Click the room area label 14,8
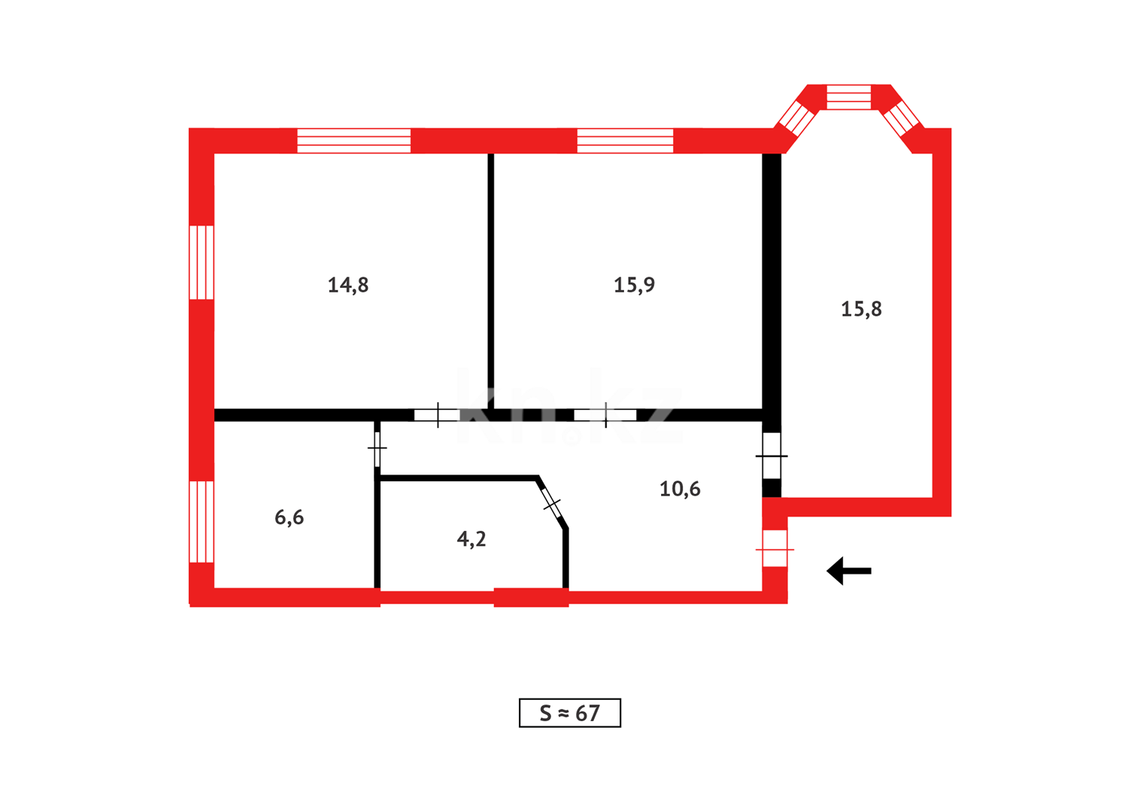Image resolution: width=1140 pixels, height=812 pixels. (x=348, y=285)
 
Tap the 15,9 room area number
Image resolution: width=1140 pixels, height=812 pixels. (x=634, y=285)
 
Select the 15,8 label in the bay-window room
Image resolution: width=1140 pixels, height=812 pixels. (x=861, y=309)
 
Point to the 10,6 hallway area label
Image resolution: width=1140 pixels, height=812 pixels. (x=680, y=489)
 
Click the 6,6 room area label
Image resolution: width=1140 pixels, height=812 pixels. (x=290, y=517)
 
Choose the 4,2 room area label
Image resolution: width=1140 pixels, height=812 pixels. (x=471, y=538)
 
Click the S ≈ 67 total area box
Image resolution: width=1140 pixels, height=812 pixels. (x=570, y=713)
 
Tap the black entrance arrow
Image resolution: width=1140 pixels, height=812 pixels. (x=849, y=571)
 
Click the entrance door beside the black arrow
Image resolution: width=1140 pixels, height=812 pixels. (x=775, y=548)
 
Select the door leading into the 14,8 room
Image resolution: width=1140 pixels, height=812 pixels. (x=437, y=415)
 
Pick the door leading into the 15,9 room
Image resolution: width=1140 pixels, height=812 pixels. (x=605, y=415)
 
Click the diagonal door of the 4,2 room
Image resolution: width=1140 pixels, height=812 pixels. (x=552, y=503)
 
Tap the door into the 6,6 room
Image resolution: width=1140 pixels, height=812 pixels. (x=377, y=449)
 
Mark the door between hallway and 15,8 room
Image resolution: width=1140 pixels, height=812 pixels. (x=772, y=456)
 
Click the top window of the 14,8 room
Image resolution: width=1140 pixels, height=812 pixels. (x=353, y=141)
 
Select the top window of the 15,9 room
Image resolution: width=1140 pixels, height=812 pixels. (x=625, y=141)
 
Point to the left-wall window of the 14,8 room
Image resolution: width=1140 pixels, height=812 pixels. (x=202, y=262)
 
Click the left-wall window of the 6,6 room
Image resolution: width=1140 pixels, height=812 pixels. (x=202, y=522)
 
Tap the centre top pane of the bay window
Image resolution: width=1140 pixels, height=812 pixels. (x=848, y=97)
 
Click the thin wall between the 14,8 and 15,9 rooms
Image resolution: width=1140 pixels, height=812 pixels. (x=491, y=280)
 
